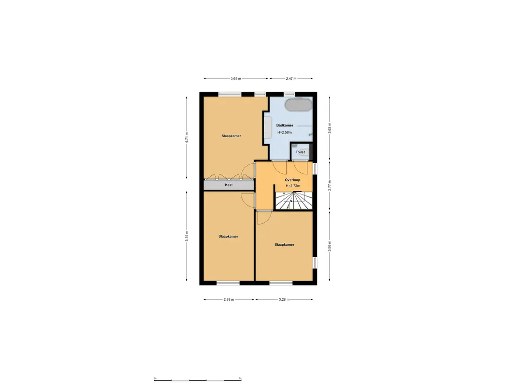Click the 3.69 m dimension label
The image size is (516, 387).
point(235,79)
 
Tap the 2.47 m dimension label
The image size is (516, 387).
point(291,79)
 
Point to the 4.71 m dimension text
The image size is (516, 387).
point(186,138)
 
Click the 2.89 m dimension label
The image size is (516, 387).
point(229,299)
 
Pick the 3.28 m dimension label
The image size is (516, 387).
point(284,299)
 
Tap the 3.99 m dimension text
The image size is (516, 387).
point(330,245)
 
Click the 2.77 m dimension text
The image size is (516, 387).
point(330,185)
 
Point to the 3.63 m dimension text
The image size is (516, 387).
point(330,128)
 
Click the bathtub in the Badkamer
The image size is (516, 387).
point(298,105)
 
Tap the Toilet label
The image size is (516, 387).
point(300,152)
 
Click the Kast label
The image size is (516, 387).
point(229,185)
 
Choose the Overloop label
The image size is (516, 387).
point(292,179)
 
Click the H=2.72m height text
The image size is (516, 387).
point(292,186)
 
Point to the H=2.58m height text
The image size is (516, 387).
point(284,133)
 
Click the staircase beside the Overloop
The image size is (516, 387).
point(293,201)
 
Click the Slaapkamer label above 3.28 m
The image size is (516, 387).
point(284,244)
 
